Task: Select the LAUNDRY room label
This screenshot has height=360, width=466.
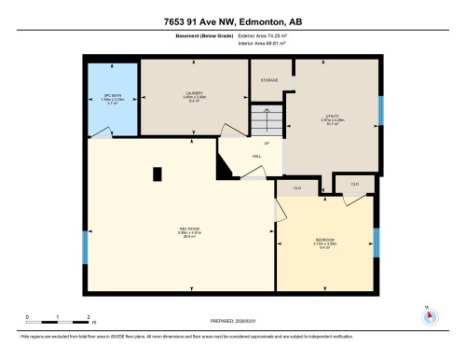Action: coord(195,93)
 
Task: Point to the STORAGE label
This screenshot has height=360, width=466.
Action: coord(270,81)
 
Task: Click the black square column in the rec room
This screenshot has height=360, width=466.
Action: coord(157,172)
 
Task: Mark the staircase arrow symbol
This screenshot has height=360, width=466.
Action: coord(267,120)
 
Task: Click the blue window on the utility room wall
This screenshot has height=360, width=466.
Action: coord(380,110)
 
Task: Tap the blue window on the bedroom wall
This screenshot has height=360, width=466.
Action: coord(377,242)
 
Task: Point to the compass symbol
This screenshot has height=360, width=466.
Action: coord(428,315)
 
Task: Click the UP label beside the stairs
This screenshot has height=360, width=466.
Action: coord(266,144)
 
